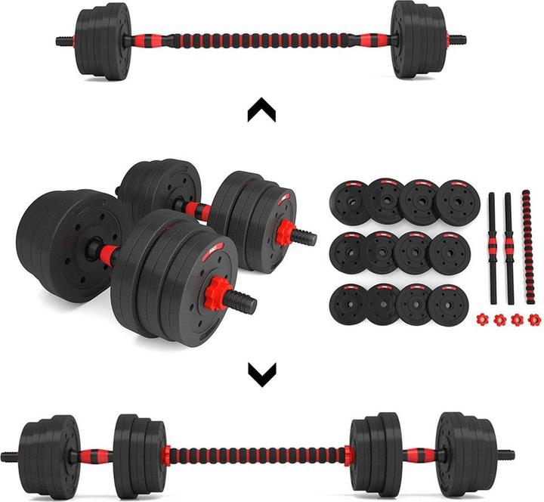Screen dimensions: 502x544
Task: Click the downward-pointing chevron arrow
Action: [x=262, y=372]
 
